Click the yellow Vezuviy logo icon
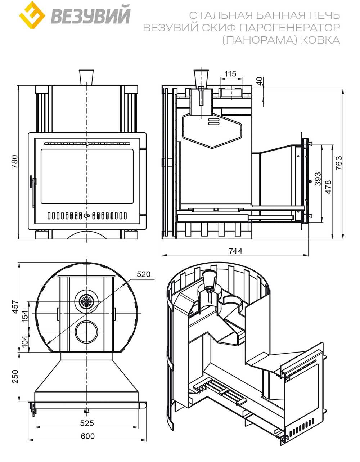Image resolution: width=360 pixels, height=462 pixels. click(x=32, y=15)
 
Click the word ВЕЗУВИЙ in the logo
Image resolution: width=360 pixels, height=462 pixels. click(x=90, y=16)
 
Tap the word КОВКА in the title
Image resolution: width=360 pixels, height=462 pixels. click(x=320, y=40)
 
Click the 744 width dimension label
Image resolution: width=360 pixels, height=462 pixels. click(x=235, y=251)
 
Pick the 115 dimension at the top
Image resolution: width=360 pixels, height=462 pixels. click(x=230, y=74)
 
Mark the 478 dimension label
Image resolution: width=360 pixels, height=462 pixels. click(x=328, y=187)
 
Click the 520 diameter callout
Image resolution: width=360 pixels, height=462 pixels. click(x=143, y=274)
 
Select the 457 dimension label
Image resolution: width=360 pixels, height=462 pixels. click(x=14, y=307)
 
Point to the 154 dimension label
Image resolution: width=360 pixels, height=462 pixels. click(x=24, y=317)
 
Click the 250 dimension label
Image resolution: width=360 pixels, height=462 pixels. click(x=14, y=376)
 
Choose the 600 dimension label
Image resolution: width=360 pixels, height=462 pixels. click(x=87, y=436)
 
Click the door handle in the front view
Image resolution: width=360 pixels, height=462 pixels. click(x=33, y=182)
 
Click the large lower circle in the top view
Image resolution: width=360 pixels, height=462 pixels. click(x=86, y=331)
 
